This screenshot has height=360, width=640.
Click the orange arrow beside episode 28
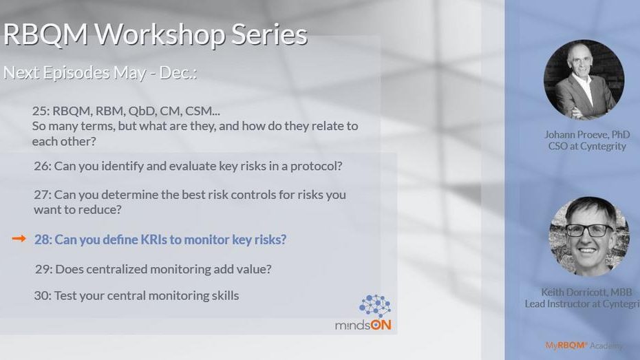click(19, 238)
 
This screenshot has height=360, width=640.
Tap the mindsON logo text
click(363, 325)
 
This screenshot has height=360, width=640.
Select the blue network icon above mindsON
click(374, 306)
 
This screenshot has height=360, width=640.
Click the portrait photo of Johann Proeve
click(584, 80)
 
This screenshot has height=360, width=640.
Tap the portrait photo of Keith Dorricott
click(588, 237)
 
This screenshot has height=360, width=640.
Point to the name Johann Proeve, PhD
click(587, 135)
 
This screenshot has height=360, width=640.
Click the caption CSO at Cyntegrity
click(587, 147)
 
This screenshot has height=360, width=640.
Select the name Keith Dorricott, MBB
click(586, 293)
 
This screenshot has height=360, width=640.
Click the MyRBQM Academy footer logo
click(584, 346)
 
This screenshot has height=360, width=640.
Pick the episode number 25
click(41, 111)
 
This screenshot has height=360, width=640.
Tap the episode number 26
click(42, 166)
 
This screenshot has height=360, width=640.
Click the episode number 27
click(42, 195)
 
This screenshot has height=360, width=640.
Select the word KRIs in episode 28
click(153, 240)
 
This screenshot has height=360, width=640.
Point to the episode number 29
click(43, 269)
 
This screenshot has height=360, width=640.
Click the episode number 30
click(43, 295)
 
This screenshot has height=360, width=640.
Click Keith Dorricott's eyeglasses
click(589, 231)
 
